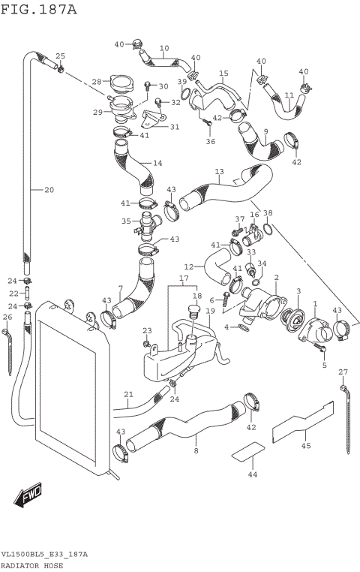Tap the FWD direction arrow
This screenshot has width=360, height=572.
[28, 495]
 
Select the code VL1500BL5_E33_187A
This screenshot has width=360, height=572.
[44, 554]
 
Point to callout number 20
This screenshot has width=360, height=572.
[49, 190]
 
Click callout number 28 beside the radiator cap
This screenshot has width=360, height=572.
[97, 82]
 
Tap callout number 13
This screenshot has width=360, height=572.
[219, 172]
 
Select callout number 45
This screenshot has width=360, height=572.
[305, 446]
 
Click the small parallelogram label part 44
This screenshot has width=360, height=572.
[247, 452]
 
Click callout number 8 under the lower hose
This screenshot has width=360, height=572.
[196, 451]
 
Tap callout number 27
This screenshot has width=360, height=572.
[343, 372]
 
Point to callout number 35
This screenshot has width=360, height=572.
[127, 221]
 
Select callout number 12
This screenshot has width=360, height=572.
[188, 266]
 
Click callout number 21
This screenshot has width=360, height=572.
[128, 394]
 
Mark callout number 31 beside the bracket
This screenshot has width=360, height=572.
[174, 127]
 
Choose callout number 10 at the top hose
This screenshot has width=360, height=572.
[163, 47]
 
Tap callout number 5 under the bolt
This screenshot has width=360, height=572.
[325, 365]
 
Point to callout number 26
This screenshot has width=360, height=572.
[7, 318]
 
